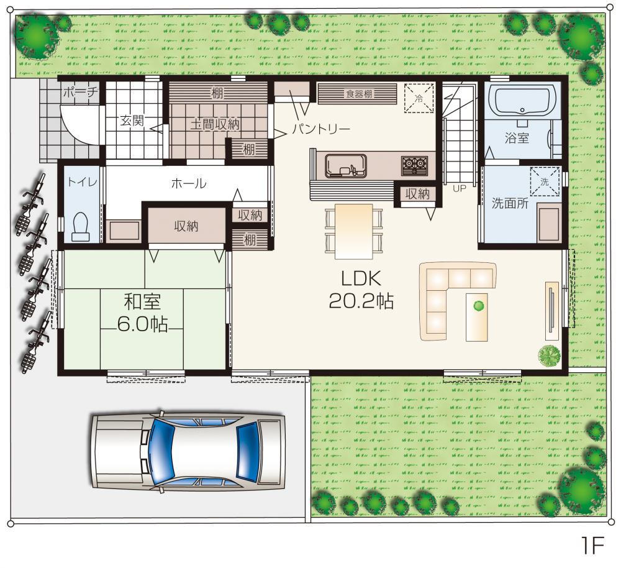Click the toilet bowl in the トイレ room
click(x=81, y=227)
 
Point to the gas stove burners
click(x=414, y=166)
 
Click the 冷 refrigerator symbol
click(x=419, y=98)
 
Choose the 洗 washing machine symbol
click(x=545, y=181)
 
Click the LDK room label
click(x=361, y=278)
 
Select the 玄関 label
click(x=132, y=120)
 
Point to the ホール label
click(x=189, y=183)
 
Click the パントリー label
click(x=322, y=129)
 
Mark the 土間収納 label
click(x=215, y=124)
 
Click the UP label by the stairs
click(x=460, y=189)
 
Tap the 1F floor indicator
click(x=593, y=546)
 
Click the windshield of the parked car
click(x=163, y=451)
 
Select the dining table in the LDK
click(x=354, y=231)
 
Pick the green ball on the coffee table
click(x=479, y=306)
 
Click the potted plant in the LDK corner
click(x=550, y=355)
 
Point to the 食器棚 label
click(x=359, y=94)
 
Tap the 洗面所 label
click(x=510, y=203)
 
